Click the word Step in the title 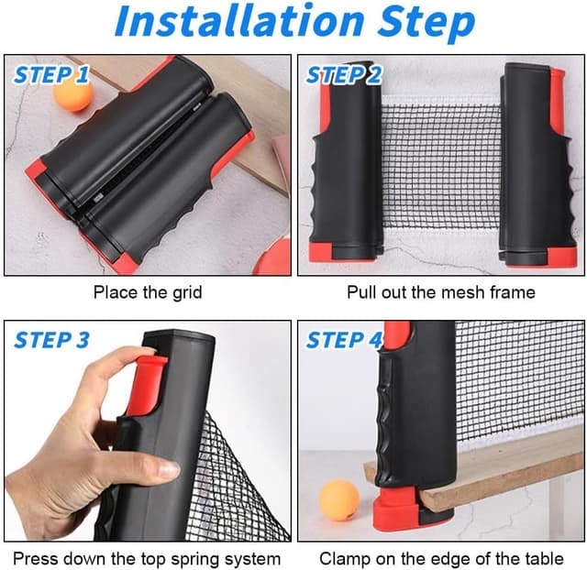click(x=426, y=23)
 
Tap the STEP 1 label click(x=51, y=74)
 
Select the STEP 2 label click(x=343, y=74)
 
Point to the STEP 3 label click(x=51, y=340)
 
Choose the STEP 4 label click(x=343, y=340)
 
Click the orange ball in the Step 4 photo click(x=339, y=500)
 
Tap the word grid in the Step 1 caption click(x=187, y=293)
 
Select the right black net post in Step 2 click(x=537, y=165)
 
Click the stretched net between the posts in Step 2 click(x=440, y=165)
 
